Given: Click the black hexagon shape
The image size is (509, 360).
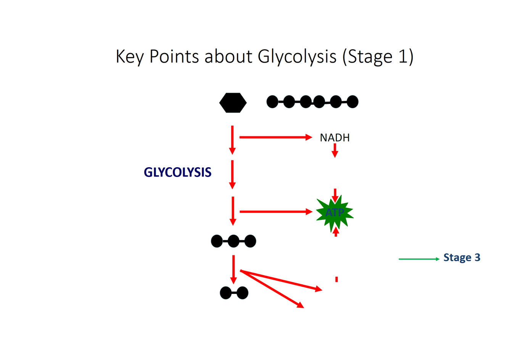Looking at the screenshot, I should tap(233, 103).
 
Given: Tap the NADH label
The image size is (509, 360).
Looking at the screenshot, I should tap(335, 137).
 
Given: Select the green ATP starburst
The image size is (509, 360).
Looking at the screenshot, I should tap(335, 213).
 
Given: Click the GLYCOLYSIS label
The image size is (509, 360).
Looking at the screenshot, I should tap(177, 173).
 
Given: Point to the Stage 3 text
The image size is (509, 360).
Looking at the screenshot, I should tap(462, 258).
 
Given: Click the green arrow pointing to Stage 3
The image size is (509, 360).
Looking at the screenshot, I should tap(419, 259).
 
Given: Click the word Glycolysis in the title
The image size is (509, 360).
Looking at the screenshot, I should tap(297, 57).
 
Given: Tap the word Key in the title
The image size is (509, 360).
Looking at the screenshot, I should tap(130, 57).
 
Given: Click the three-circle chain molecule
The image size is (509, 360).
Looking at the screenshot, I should tap(234, 241).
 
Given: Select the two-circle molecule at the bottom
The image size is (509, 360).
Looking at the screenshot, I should tap(234, 293).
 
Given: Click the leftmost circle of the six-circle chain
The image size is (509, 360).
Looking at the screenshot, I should tap(272, 102).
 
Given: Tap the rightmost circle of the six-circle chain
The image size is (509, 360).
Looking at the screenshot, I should tap(352, 102).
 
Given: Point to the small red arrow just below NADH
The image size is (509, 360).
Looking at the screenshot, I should tap(335, 150).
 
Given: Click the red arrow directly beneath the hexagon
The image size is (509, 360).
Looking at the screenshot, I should tap(232, 140).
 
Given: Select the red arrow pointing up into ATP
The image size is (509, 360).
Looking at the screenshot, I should tap(336, 231).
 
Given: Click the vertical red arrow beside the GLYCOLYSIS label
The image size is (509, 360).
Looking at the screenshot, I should tap(232, 174).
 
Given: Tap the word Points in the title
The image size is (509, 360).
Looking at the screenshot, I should tap(174, 57).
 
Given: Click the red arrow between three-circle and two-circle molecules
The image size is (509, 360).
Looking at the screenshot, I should tap(234, 270).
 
